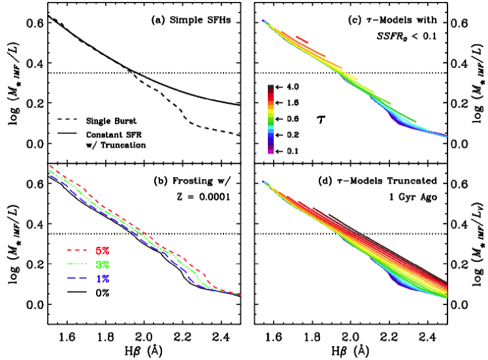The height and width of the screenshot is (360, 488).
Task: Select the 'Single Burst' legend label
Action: [x=112, y=120]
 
